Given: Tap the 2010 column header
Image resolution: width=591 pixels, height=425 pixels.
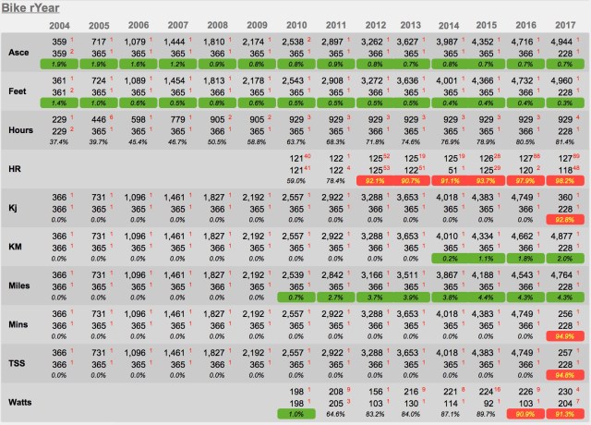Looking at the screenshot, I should pos(298,26).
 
